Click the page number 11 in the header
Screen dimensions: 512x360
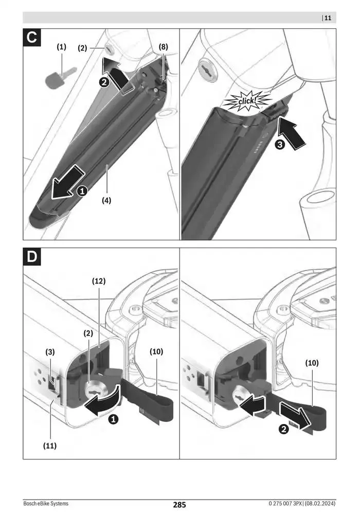point(328,18)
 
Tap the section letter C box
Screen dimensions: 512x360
point(33,39)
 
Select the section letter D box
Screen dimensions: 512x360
point(33,258)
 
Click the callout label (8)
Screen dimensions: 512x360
point(163,47)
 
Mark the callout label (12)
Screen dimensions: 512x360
point(99,281)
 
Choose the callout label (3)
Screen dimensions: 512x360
point(50,352)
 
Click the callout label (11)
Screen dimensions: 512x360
point(50,446)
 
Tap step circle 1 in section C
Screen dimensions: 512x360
point(81,191)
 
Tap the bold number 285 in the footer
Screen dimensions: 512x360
point(179,505)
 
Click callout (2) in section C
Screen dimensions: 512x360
point(83,48)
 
